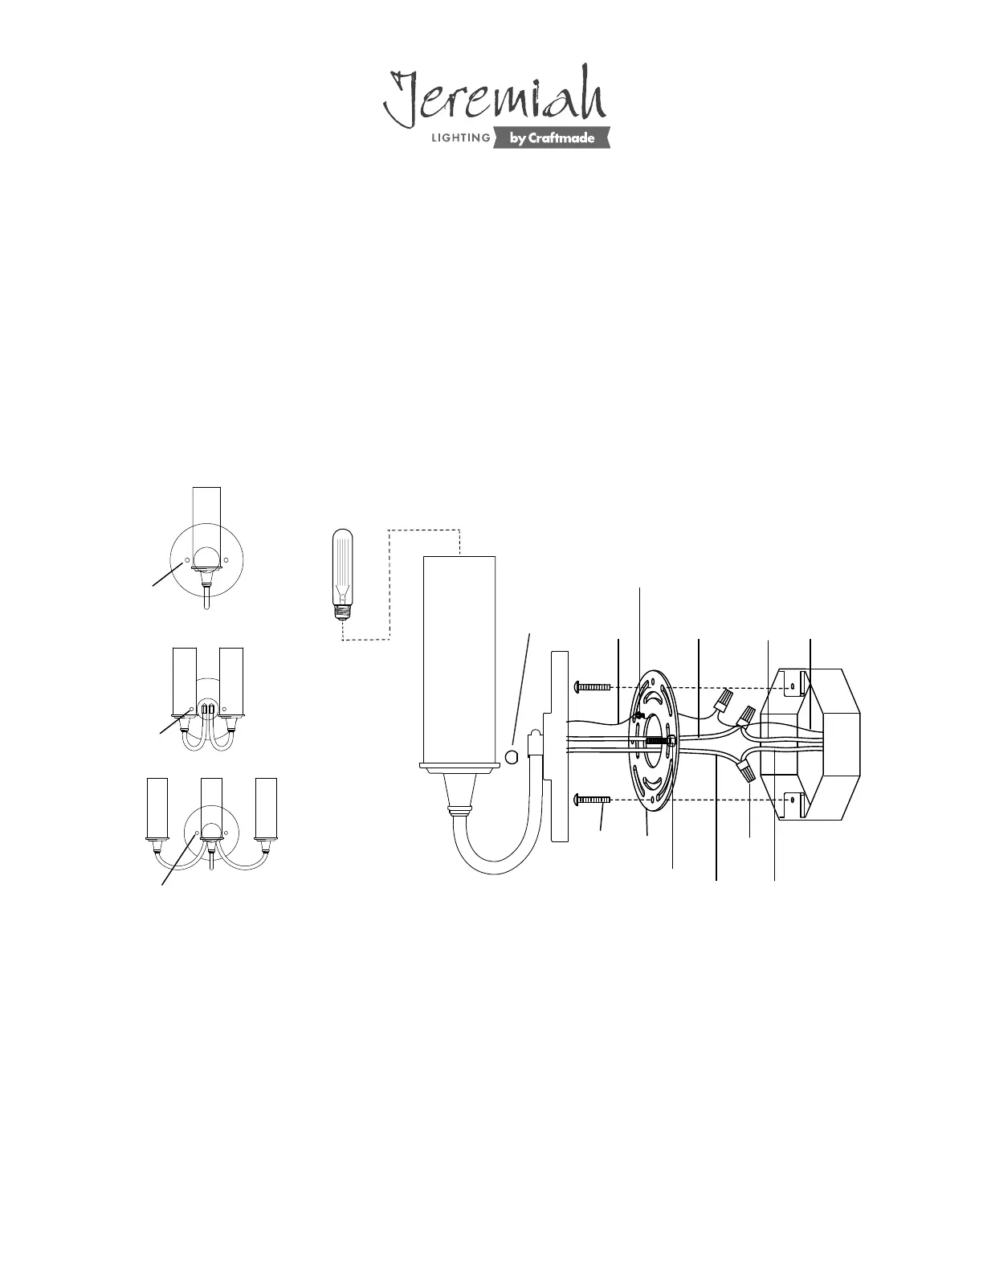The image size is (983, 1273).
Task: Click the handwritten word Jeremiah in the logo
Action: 495,96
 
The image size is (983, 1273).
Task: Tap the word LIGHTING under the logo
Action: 461,138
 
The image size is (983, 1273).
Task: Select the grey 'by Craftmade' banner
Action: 552,137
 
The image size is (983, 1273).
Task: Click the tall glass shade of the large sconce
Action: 459,660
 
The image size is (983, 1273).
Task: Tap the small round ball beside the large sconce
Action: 511,758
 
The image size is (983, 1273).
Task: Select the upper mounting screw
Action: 593,686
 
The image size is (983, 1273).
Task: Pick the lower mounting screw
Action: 593,799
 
